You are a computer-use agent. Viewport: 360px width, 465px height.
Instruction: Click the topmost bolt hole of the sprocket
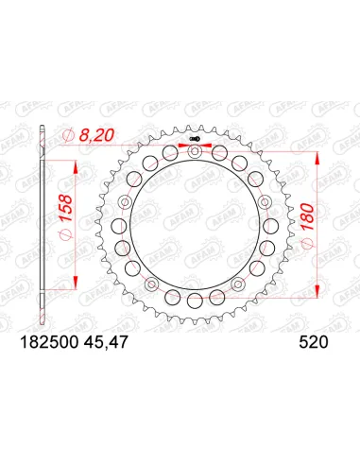(x=195, y=152)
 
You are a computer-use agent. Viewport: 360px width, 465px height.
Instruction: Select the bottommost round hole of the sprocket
(x=195, y=301)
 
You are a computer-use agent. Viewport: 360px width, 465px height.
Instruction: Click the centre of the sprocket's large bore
(x=195, y=227)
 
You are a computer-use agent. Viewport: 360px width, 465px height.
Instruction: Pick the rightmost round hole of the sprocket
(x=269, y=227)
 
